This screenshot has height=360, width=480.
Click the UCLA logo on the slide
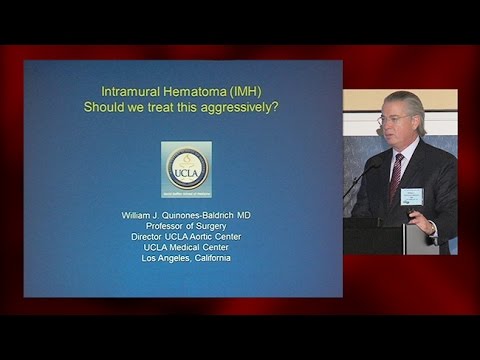(186, 168)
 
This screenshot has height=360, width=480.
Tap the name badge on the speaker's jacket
(412, 195)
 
